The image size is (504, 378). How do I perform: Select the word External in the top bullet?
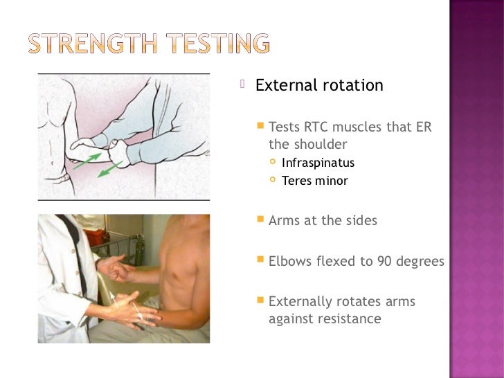coord(285,86)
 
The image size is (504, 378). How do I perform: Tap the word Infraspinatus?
coord(318,163)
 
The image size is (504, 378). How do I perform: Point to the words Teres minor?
coord(315,181)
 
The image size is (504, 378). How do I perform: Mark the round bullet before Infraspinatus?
coord(273,163)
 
